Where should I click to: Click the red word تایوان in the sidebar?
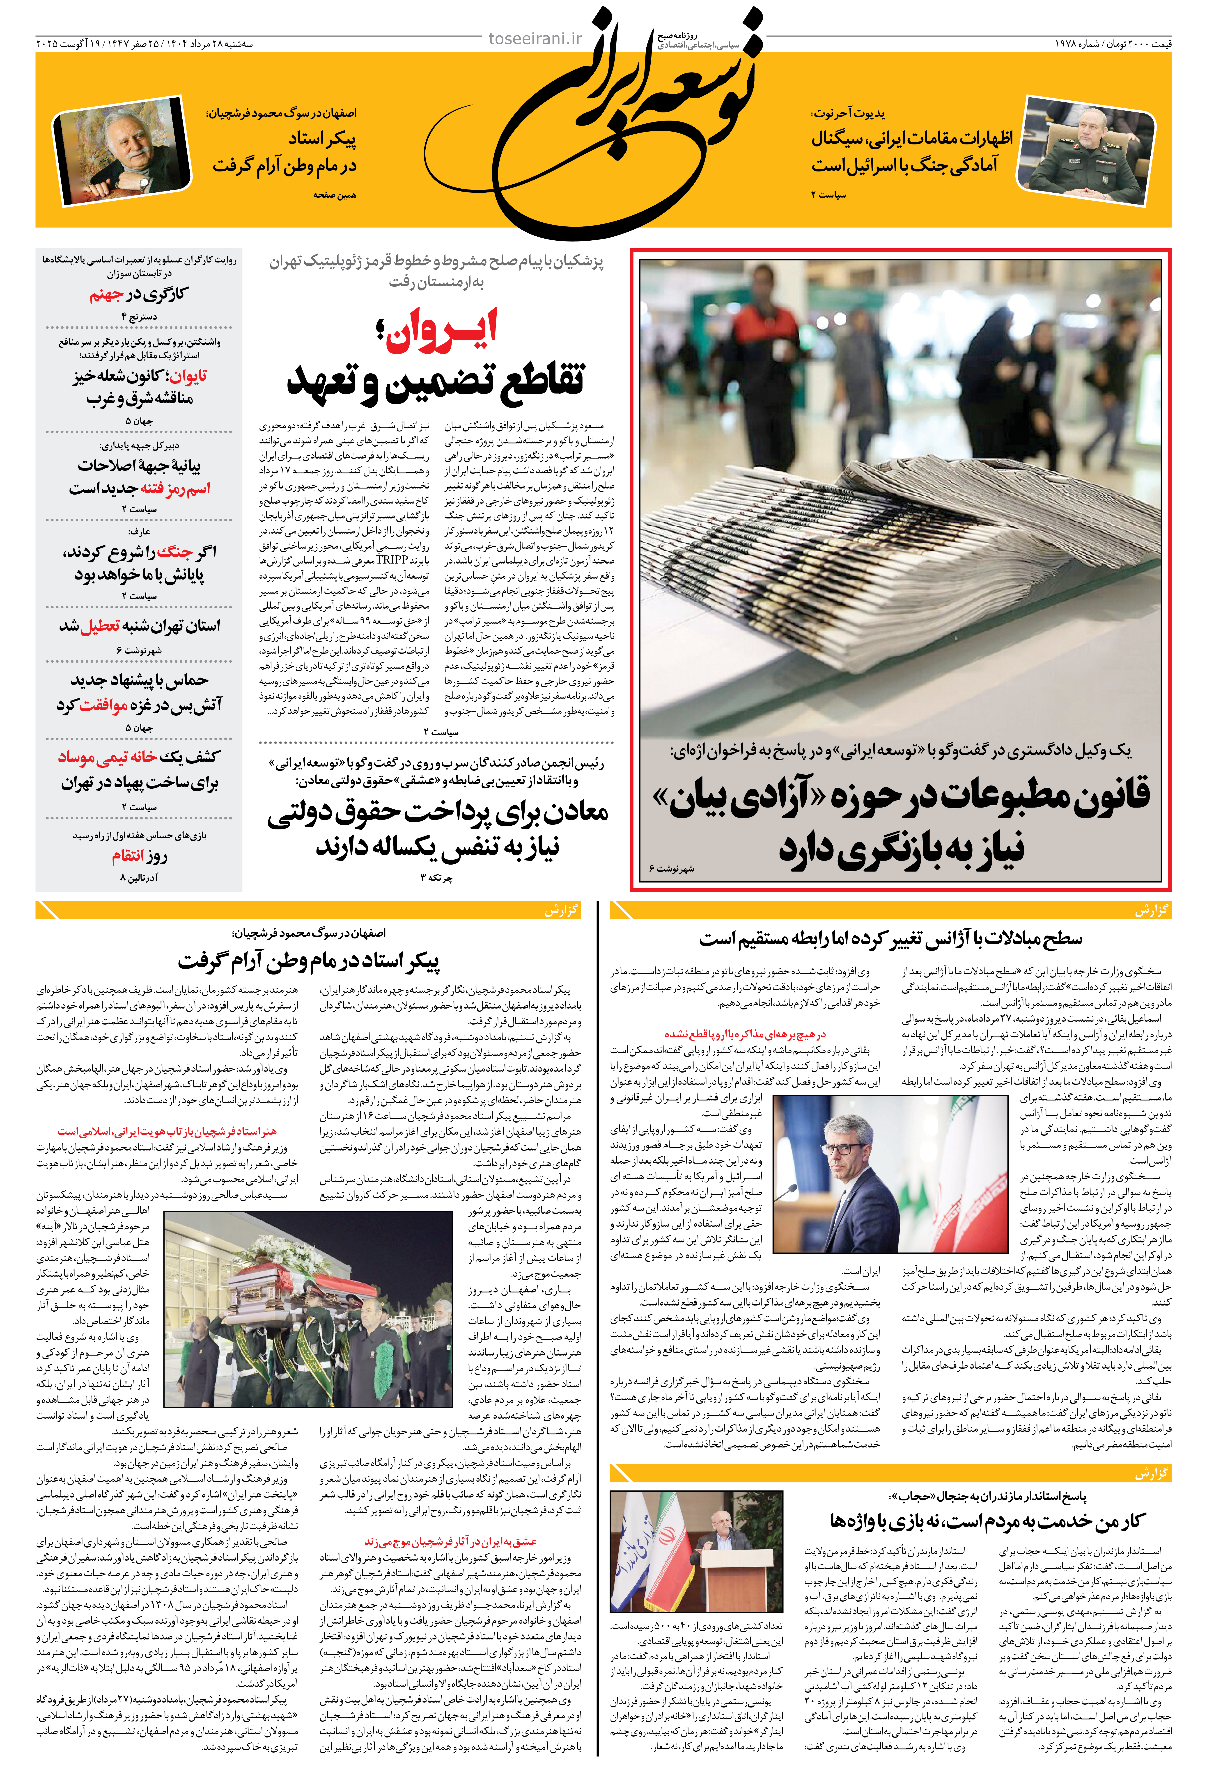[x=188, y=376]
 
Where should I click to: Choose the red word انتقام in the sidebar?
[x=128, y=856]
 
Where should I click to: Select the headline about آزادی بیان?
[x=901, y=823]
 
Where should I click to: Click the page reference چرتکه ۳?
[x=436, y=877]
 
